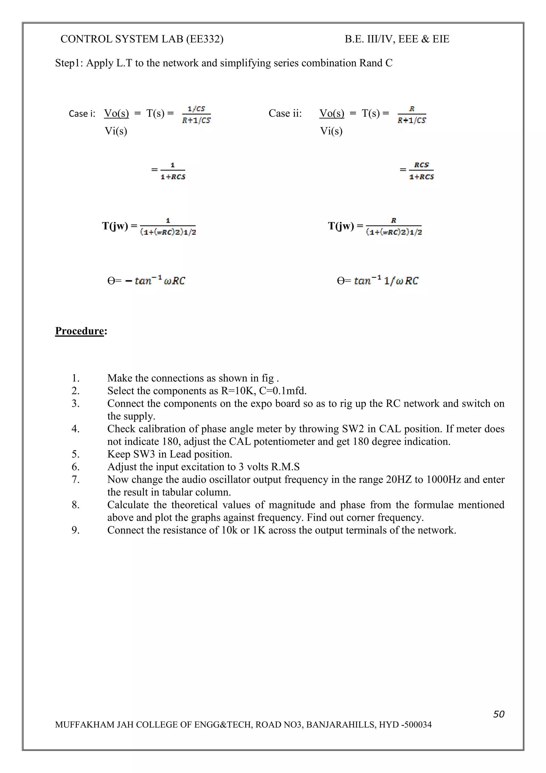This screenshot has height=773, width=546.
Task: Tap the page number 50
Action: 499,714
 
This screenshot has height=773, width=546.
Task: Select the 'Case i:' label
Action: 82,113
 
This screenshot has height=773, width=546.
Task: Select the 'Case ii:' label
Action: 285,113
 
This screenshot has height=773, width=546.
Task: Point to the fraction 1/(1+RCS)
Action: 172,171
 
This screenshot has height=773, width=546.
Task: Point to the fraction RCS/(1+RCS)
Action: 421,171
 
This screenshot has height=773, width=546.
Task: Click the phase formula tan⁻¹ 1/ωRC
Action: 386,280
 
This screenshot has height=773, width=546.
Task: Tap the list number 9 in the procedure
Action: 76,530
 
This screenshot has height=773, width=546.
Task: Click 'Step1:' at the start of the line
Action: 69,63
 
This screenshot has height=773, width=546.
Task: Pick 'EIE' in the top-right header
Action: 441,39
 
